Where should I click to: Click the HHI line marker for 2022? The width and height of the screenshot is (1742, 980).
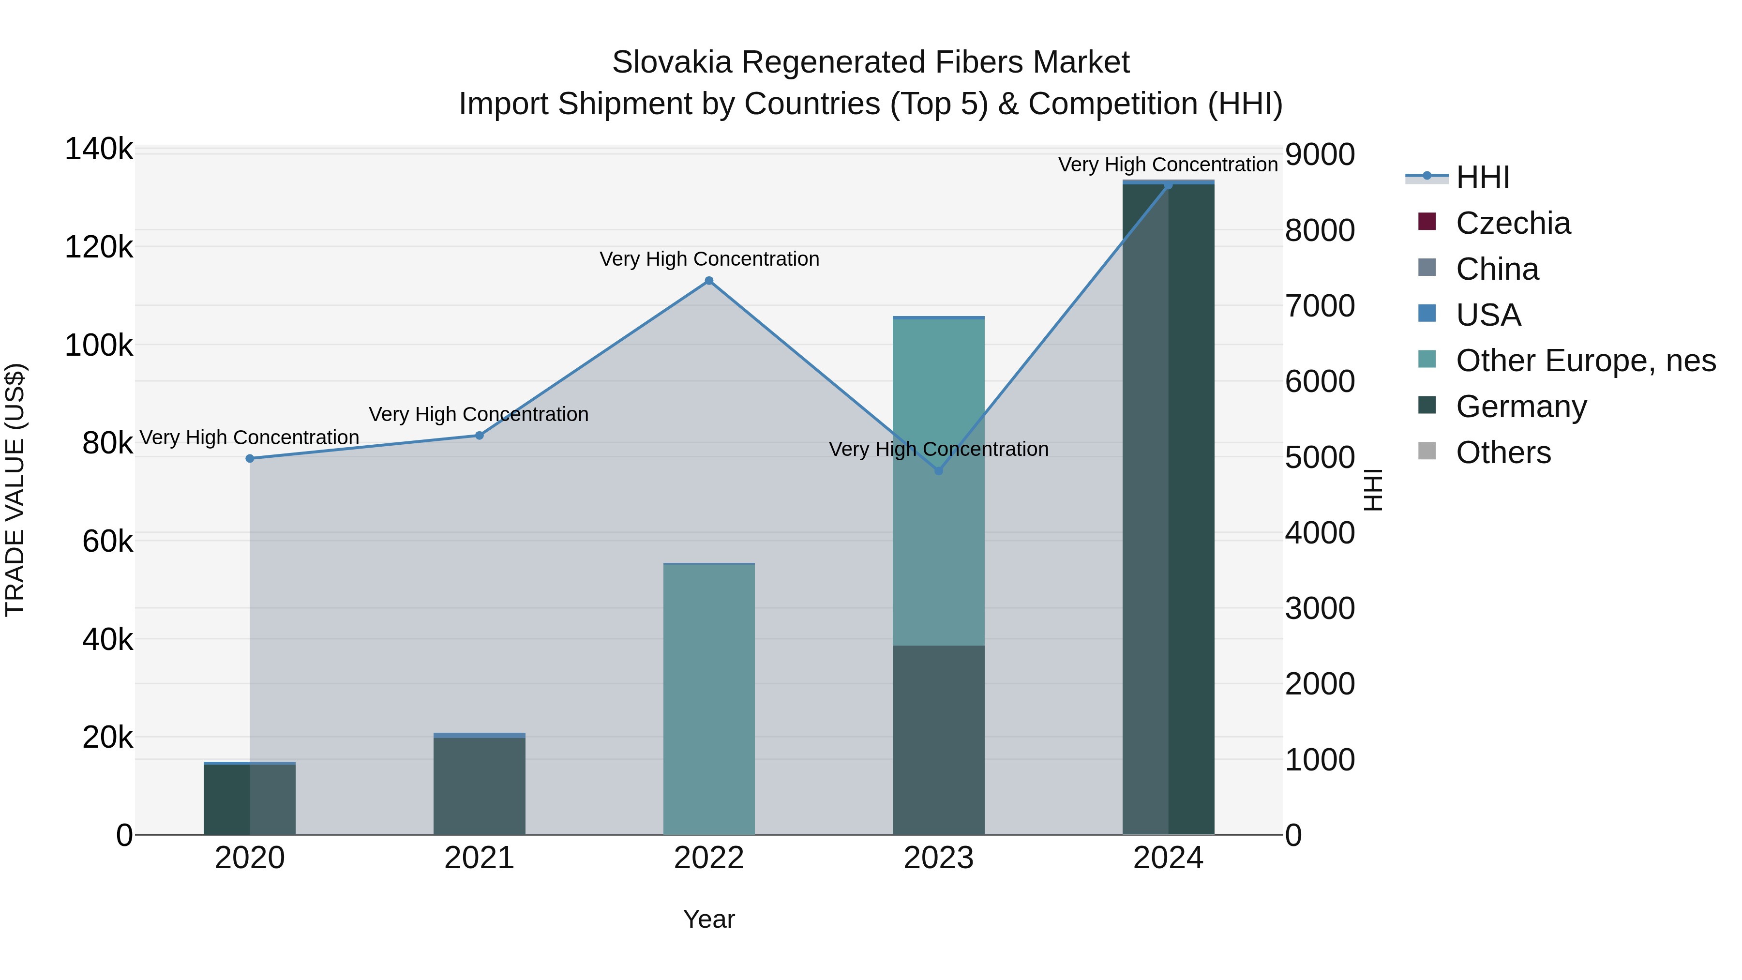point(709,281)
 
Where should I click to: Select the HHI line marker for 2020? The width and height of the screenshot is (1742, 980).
point(250,459)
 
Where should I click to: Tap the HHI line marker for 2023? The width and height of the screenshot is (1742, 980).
point(939,471)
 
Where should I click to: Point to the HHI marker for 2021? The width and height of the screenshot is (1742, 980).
point(480,436)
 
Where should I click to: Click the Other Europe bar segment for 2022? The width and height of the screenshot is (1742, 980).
point(709,696)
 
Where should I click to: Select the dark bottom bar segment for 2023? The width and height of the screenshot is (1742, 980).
point(939,740)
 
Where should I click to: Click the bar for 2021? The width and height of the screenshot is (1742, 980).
point(480,784)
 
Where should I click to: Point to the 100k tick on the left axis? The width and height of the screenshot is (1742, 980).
point(99,346)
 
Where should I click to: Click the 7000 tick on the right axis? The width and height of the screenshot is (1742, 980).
point(1320,306)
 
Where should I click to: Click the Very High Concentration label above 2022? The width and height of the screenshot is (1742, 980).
point(709,259)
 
